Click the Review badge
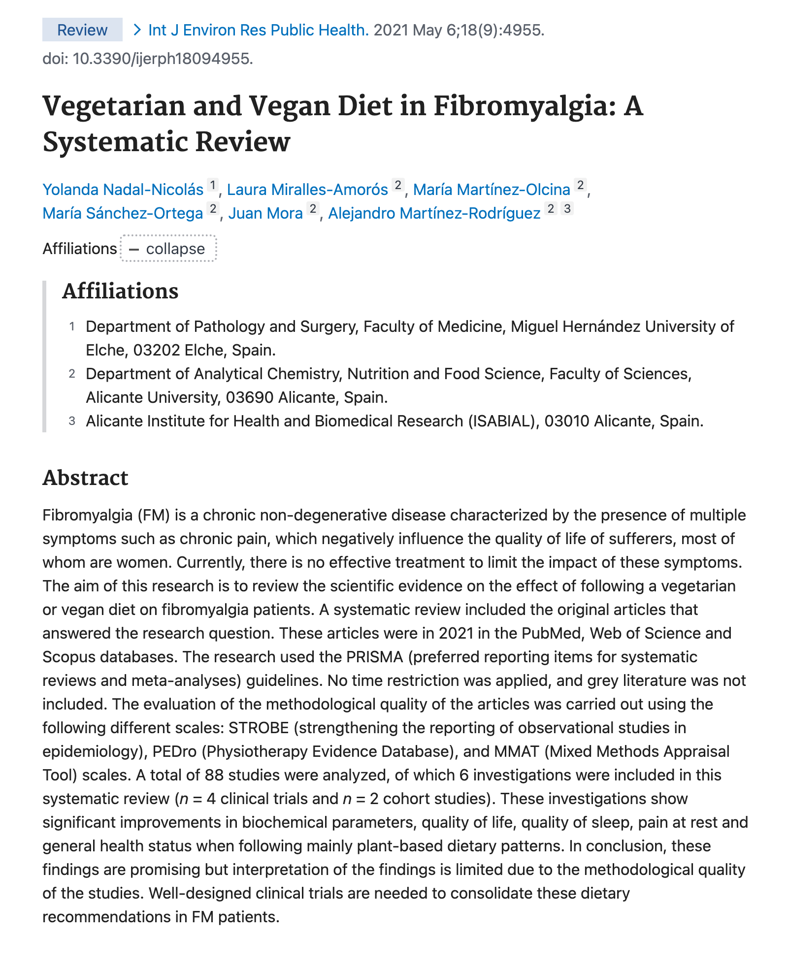82,30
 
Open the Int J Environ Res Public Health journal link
258,30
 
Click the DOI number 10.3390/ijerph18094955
163,59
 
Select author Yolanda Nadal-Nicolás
123,190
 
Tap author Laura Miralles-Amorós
307,190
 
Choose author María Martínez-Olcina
492,190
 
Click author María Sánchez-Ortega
123,213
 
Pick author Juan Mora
265,213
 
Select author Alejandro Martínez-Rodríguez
434,213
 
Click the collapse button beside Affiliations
168,249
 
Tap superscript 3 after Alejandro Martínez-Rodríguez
567,209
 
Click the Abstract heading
85,478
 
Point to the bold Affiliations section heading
120,291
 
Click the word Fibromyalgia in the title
524,106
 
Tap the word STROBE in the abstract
259,728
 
